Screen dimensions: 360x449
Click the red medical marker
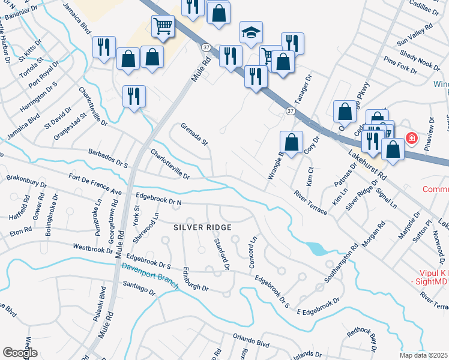[x=412, y=139]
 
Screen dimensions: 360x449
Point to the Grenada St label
[x=194, y=134]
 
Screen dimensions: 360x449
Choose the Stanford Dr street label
[x=222, y=253]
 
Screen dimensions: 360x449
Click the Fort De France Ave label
[x=95, y=184]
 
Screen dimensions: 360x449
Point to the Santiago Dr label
[x=139, y=287]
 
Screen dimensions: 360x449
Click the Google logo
[x=20, y=353]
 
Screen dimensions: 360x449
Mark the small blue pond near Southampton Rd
[x=313, y=248]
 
